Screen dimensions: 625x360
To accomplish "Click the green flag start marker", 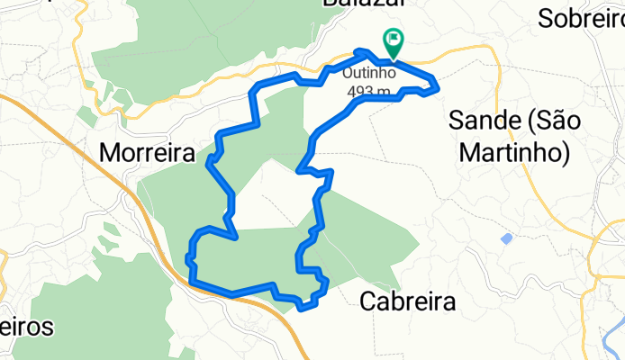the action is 394,40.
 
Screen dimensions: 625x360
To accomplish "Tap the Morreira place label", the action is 147,154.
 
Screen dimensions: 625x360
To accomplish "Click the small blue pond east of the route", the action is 506,238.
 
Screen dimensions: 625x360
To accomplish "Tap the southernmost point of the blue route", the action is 303,308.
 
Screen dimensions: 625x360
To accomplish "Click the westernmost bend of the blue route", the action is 188,259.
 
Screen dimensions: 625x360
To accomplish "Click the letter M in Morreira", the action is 108,154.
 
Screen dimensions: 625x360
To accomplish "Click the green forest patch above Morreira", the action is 180,45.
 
